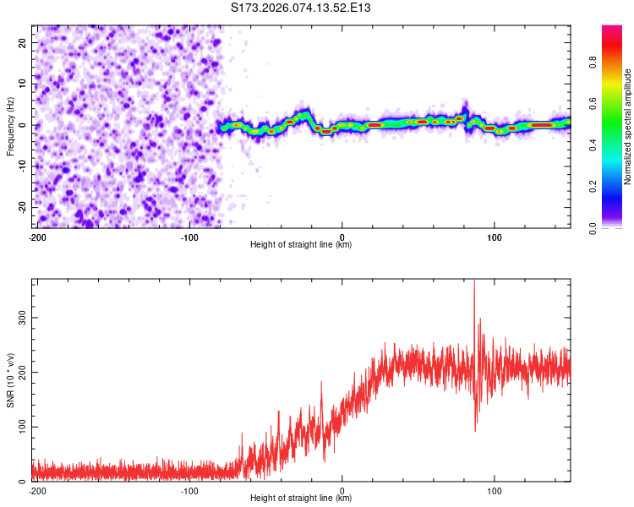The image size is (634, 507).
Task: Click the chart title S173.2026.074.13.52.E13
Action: point(302,8)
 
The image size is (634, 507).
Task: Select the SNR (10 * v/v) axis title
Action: point(11,379)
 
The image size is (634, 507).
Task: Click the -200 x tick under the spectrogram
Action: point(36,237)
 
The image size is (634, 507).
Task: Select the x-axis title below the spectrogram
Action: point(301,245)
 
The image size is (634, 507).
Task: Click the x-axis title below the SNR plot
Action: point(301,499)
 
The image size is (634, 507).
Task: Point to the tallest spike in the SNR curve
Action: point(474,282)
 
